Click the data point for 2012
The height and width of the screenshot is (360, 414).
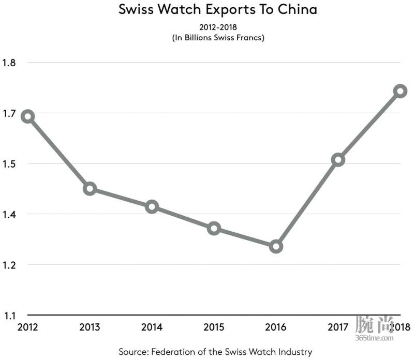click(27, 116)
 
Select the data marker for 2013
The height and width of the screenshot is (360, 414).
click(90, 188)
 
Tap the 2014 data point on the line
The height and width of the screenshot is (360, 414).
click(152, 207)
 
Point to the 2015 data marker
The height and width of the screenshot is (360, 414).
click(214, 228)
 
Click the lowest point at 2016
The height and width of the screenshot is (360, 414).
click(276, 246)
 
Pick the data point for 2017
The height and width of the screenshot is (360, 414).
click(338, 160)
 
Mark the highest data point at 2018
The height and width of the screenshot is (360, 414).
click(400, 91)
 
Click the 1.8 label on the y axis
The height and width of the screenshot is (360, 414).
click(10, 63)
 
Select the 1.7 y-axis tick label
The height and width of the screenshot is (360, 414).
click(10, 114)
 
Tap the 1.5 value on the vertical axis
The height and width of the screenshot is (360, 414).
click(10, 164)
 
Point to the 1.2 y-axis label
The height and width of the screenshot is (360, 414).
click(10, 265)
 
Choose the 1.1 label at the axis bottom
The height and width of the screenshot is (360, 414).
click(10, 316)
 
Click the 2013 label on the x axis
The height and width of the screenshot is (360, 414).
click(90, 327)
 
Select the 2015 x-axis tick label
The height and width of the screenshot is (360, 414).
click(214, 327)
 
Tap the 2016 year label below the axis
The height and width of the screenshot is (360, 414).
click(276, 327)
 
